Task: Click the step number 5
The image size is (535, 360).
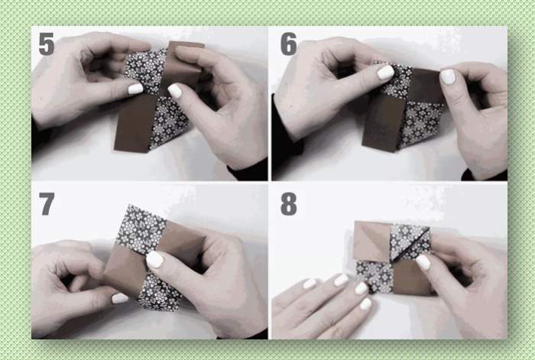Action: pos(47,44)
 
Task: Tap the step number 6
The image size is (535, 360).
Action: pos(288,44)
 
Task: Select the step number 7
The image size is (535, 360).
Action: pos(47,203)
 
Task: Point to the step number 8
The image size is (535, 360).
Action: pos(289,204)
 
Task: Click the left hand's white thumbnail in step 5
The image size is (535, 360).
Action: pos(135,89)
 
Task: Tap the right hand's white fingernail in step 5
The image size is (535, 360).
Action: pos(175,91)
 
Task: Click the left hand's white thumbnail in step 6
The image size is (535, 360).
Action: pos(385,73)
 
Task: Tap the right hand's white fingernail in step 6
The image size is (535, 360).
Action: pos(448,76)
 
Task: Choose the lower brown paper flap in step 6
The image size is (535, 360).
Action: pos(384,123)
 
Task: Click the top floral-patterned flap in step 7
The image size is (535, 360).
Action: pos(145,225)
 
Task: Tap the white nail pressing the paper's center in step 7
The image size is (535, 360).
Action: pos(155,259)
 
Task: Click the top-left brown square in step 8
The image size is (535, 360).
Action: pos(372,242)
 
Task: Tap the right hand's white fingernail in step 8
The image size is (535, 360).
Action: pos(423,262)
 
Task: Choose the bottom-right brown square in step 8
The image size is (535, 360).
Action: pos(412,277)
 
